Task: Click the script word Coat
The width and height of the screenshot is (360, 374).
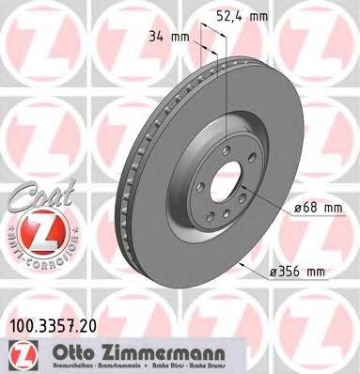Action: point(36,195)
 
